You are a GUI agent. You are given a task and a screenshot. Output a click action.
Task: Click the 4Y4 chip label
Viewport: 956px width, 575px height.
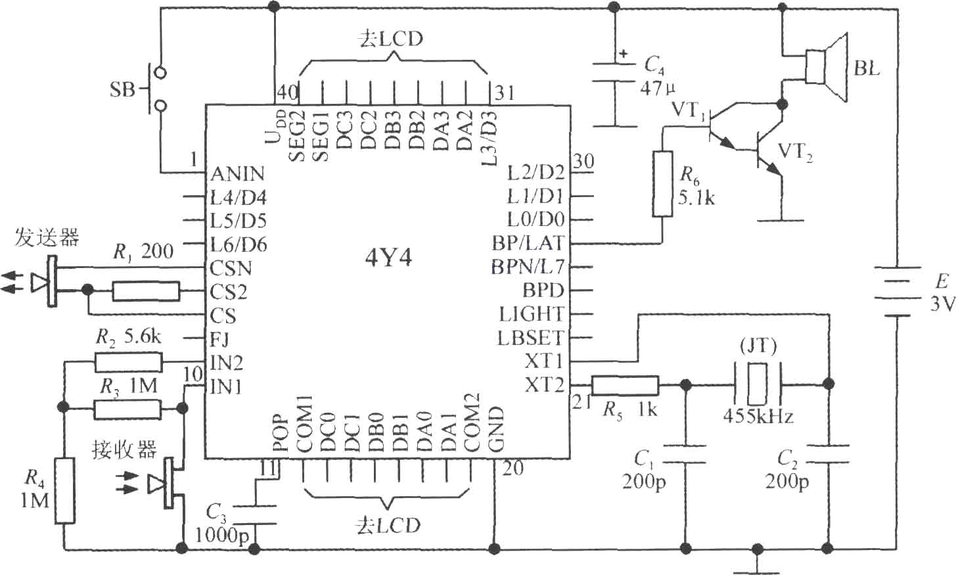click(388, 258)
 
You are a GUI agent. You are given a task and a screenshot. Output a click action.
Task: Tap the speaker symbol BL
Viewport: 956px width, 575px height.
click(826, 68)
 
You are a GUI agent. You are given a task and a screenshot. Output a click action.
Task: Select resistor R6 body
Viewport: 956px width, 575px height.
click(662, 184)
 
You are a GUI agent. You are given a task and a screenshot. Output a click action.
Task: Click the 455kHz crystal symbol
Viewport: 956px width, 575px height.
click(758, 384)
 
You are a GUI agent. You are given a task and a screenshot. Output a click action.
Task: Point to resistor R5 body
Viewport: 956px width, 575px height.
click(624, 386)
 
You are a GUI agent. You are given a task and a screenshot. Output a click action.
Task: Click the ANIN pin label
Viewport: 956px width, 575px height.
click(238, 173)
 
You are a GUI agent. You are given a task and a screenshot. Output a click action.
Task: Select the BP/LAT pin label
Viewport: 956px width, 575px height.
click(528, 243)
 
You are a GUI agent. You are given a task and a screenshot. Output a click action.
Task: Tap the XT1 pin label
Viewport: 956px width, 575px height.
click(544, 361)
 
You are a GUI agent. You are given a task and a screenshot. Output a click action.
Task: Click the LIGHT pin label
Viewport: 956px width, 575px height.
click(532, 315)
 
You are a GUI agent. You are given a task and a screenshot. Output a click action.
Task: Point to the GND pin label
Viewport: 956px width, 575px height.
click(495, 428)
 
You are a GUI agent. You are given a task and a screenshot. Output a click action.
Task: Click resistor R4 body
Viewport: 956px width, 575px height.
click(64, 490)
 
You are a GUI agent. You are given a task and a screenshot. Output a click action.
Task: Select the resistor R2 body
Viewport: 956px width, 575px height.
click(128, 363)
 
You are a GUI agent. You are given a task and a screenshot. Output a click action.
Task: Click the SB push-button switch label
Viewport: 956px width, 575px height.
click(122, 89)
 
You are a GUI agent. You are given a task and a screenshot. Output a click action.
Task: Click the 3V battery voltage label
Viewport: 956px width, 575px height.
click(942, 304)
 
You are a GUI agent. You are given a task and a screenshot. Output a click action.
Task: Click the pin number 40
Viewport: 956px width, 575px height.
click(288, 92)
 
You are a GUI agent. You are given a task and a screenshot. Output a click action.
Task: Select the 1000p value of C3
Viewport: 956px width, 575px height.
click(221, 536)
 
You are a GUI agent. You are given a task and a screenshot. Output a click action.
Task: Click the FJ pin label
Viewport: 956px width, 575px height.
click(220, 339)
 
